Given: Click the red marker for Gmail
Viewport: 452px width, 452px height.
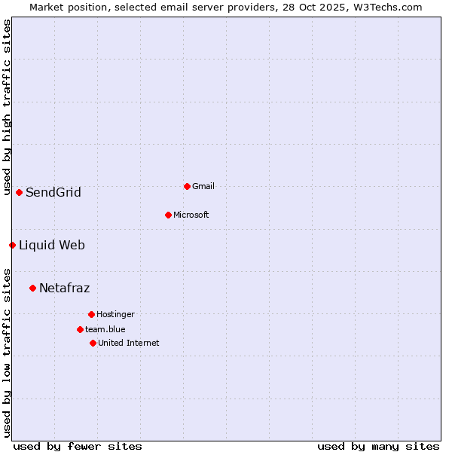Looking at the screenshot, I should click(187, 186).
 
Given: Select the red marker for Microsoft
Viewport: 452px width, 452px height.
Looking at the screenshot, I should click(168, 215).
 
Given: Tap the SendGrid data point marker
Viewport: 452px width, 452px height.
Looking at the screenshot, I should click(19, 192).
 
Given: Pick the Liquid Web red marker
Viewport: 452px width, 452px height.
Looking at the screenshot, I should click(12, 245).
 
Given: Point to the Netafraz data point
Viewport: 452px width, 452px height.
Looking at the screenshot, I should click(32, 288).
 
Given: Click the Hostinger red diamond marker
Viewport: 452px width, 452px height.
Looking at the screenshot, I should click(91, 314).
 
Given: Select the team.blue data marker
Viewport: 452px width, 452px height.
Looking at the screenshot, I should click(80, 329).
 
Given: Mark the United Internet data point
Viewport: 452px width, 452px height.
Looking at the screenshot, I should click(93, 343).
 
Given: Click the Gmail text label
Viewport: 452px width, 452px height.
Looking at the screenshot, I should click(203, 186).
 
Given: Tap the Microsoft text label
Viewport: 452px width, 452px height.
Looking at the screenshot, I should click(191, 215).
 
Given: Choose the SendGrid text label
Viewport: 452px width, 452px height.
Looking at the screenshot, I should click(53, 193).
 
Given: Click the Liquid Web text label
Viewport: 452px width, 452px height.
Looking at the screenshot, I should click(52, 246).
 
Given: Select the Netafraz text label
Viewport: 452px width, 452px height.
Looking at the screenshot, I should click(65, 289).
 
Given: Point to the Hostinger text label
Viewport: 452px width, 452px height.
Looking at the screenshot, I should click(115, 314).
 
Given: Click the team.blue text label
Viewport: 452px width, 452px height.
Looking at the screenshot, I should click(105, 329).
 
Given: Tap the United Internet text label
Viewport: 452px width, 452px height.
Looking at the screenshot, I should click(129, 343).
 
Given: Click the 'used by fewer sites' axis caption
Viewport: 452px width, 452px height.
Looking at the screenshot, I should click(78, 446).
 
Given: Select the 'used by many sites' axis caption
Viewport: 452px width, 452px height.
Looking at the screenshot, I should click(378, 446).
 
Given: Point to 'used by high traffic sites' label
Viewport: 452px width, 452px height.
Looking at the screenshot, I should click(7, 107).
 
